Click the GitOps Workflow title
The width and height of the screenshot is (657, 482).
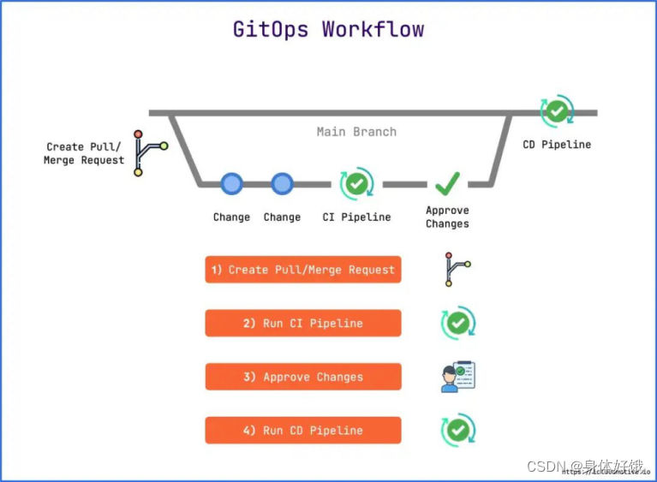pos(328,29)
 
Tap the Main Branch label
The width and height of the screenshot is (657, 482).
pos(356,132)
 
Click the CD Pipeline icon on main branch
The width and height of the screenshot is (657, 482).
pos(557,111)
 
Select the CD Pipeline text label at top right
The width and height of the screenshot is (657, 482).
pos(557,145)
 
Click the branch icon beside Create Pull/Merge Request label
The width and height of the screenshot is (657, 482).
pos(149,153)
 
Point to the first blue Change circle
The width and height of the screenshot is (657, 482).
pos(231,183)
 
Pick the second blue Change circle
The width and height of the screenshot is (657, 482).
pos(282,183)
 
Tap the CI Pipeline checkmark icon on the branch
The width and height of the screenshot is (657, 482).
pos(356,183)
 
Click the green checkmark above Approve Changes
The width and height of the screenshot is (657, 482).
pos(447,183)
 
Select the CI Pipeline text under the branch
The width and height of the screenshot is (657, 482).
pos(356,217)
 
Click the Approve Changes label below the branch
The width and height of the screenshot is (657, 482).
pos(447,217)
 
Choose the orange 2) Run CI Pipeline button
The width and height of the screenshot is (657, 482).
pos(303,324)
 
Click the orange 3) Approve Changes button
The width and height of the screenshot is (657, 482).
pos(303,377)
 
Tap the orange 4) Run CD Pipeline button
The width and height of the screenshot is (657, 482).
pos(303,431)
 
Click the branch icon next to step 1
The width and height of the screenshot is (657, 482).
pos(457,269)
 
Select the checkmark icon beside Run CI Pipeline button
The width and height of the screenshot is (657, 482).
pos(457,323)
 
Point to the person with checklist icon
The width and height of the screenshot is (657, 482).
pos(457,377)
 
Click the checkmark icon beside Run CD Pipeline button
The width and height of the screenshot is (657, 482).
pos(457,430)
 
